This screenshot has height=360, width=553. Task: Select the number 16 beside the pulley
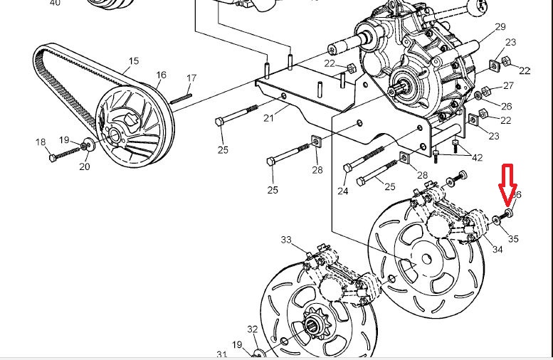[162, 75]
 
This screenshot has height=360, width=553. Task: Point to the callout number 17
[191, 78]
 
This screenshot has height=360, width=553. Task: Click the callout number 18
[40, 142]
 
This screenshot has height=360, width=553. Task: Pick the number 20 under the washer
[85, 166]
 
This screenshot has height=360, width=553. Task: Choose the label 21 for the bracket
[268, 118]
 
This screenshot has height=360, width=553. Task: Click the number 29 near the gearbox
[500, 26]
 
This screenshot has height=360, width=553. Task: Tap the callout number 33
[286, 240]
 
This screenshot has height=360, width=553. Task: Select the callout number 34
[497, 249]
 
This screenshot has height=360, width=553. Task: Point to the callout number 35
[513, 239]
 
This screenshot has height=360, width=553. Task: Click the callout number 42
[477, 157]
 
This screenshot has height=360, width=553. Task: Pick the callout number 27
[508, 85]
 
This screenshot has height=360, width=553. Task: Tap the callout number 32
[253, 329]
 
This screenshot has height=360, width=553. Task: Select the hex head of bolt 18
[52, 156]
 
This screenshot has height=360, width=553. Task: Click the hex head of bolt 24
[347, 168]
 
